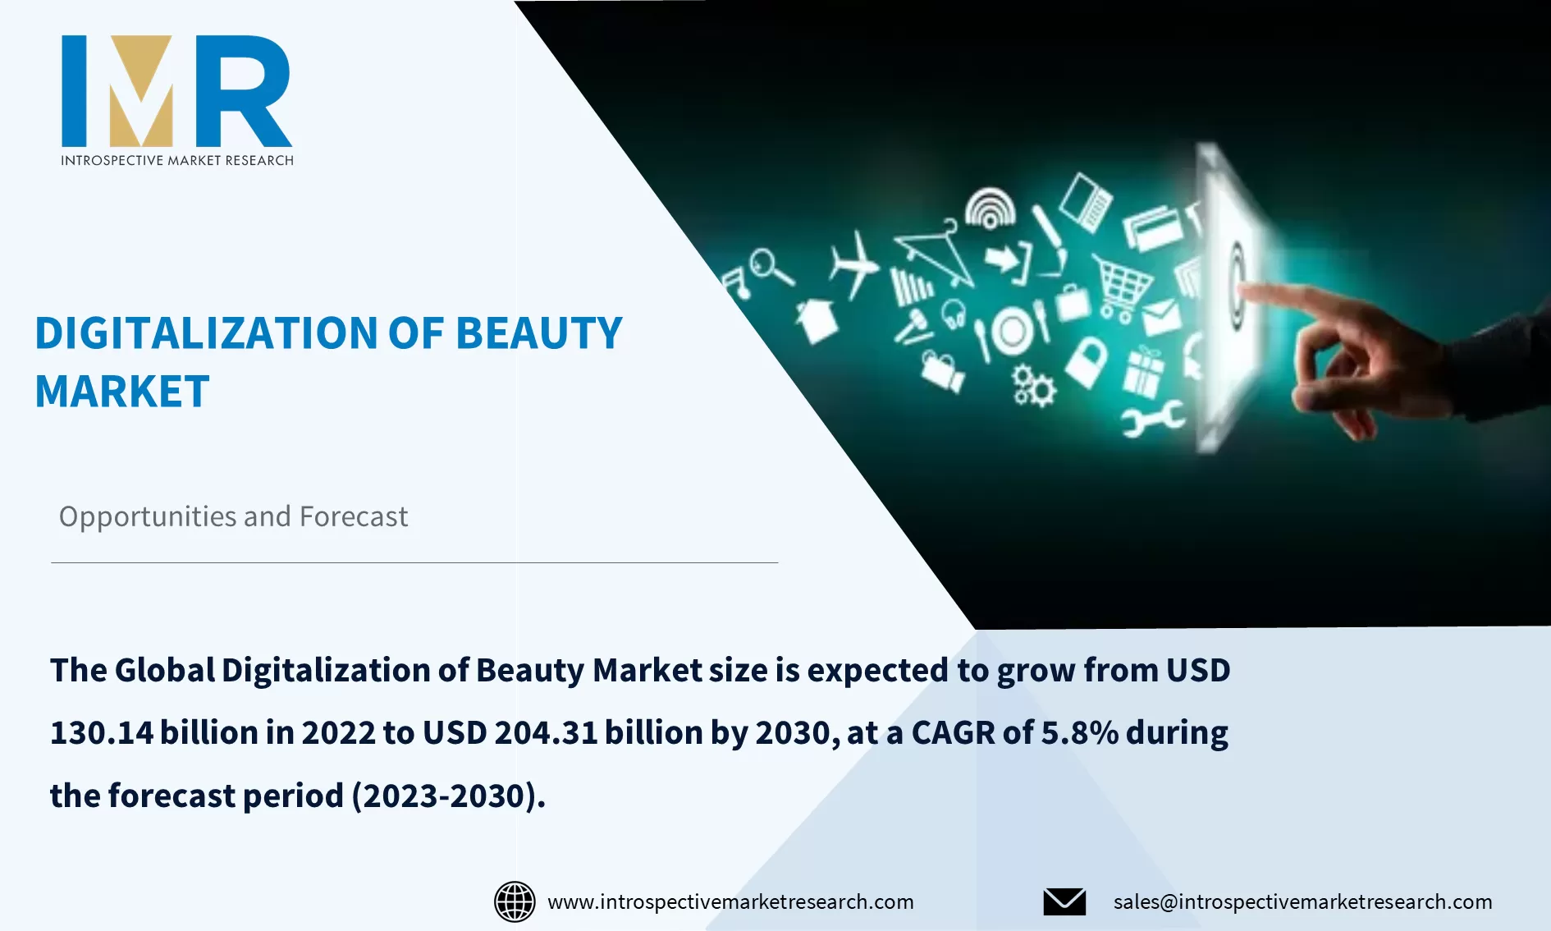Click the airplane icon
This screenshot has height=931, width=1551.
pos(853,264)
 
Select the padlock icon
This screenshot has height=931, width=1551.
pos(1087,361)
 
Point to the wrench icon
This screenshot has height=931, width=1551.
pos(1153,419)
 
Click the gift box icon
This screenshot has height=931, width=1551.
pos(1143,373)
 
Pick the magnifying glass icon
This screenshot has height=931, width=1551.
pos(769,267)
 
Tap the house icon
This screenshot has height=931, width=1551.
pos(817,320)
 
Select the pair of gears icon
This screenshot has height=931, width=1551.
pos(1033,386)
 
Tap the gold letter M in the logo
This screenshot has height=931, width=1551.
pos(142,90)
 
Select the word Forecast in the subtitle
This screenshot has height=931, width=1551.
pos(353,516)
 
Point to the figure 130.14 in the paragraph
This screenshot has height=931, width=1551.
pos(102,732)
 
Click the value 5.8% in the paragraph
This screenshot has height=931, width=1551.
pos(1079,732)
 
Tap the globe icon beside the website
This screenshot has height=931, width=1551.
pos(515,901)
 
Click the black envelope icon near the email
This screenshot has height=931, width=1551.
pos(1064,901)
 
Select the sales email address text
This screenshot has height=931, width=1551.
pos(1302,901)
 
